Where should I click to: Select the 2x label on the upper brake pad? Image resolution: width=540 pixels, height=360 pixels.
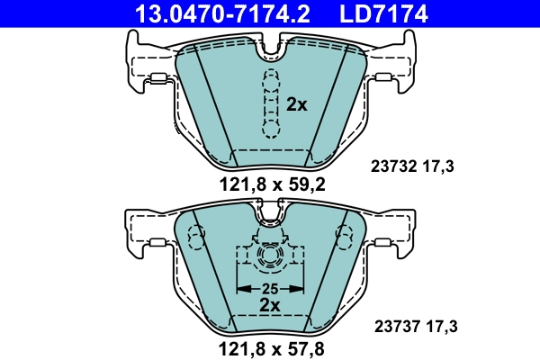click(297, 104)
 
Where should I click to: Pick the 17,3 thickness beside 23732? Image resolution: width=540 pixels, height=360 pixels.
click(442, 166)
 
